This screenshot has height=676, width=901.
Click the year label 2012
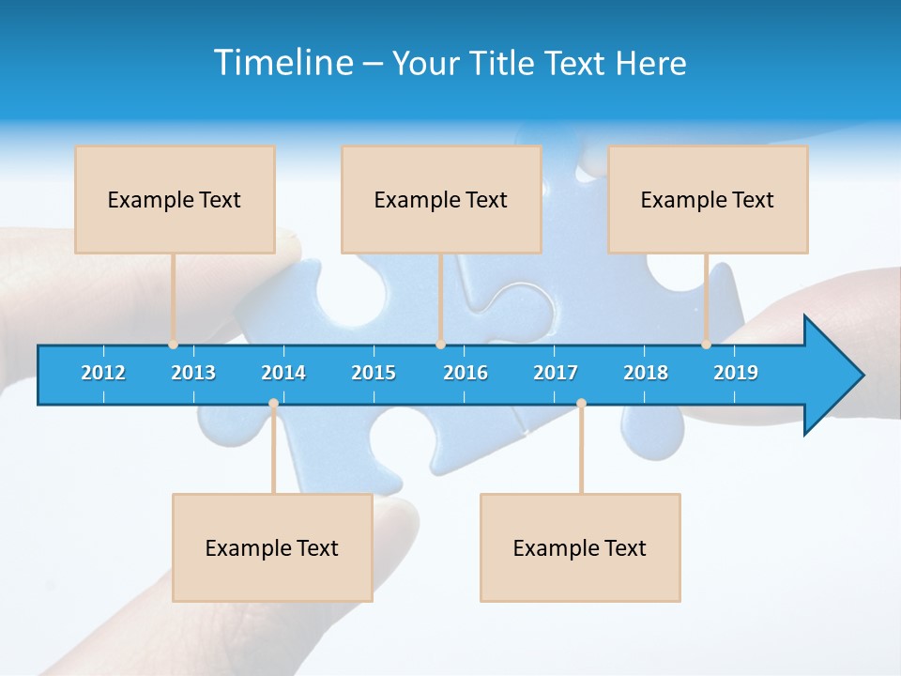pyautogui.click(x=103, y=373)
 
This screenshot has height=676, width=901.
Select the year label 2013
pyautogui.click(x=193, y=373)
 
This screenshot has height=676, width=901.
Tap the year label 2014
pyautogui.click(x=283, y=373)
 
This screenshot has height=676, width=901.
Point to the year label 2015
pyautogui.click(x=374, y=373)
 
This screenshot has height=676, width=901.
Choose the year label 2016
pyautogui.click(x=466, y=373)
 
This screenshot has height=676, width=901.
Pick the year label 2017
pyautogui.click(x=556, y=373)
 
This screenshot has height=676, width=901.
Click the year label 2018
pyautogui.click(x=646, y=373)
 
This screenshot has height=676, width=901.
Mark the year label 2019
pyautogui.click(x=736, y=373)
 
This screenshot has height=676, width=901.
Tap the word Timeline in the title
pyautogui.click(x=283, y=63)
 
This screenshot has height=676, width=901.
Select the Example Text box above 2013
pyautogui.click(x=175, y=199)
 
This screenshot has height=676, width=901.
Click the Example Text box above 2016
pyautogui.click(x=441, y=199)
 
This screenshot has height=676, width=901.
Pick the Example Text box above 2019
pyautogui.click(x=708, y=199)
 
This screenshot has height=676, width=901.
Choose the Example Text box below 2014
pyautogui.click(x=272, y=547)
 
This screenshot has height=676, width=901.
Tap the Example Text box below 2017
pyautogui.click(x=580, y=547)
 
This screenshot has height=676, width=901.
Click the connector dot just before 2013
pyautogui.click(x=173, y=345)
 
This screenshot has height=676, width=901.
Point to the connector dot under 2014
pyautogui.click(x=273, y=404)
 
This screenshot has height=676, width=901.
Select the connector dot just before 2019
pyautogui.click(x=706, y=345)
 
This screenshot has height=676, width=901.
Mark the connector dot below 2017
pyautogui.click(x=581, y=404)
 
